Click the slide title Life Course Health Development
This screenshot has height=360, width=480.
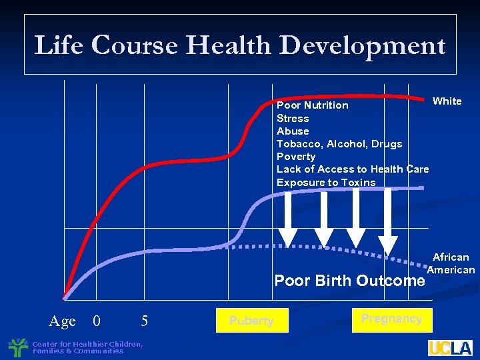point(240,45)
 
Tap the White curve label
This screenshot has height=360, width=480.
point(447,101)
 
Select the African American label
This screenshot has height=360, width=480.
point(451,263)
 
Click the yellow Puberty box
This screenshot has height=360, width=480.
point(251,320)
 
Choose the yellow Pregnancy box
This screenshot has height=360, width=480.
point(391,319)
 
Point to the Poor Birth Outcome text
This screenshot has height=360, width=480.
point(349,281)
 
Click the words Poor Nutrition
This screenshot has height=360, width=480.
point(312,105)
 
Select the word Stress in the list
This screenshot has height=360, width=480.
point(293,118)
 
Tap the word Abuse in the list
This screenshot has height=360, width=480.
point(293,131)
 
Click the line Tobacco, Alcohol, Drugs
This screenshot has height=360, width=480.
point(339,143)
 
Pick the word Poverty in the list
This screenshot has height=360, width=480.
point(296,156)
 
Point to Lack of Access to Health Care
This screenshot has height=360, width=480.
point(353,169)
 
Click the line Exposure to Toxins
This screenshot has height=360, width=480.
point(326,182)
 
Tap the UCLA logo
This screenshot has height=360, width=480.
point(450,347)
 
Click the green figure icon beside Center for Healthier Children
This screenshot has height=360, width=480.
point(18,347)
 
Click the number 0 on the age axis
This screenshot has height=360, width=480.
point(97,321)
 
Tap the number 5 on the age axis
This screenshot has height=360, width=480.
point(144,321)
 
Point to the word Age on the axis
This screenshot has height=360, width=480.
point(62,321)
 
